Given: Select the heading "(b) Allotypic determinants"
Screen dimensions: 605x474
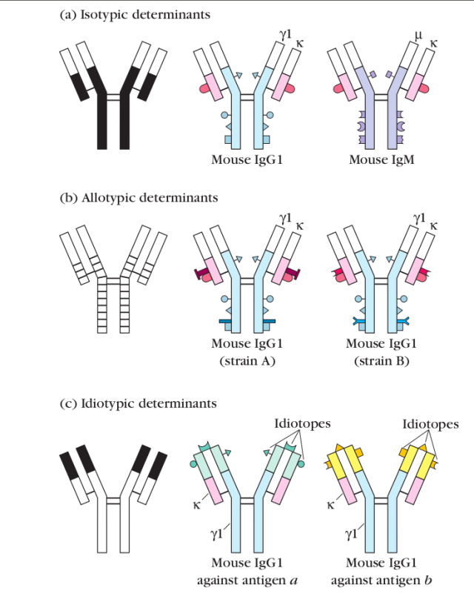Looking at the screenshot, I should click(138, 198).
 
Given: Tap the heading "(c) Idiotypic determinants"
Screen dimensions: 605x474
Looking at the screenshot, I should click(138, 404).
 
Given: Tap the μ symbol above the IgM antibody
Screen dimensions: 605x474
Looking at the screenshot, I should click(419, 35).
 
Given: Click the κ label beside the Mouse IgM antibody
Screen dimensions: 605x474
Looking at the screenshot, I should click(433, 44).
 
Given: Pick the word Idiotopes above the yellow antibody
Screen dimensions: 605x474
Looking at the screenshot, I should click(430, 424).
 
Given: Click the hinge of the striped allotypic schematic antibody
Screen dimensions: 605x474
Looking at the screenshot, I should click(113, 280).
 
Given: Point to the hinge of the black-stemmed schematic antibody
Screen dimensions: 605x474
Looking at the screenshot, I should click(113, 96).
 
